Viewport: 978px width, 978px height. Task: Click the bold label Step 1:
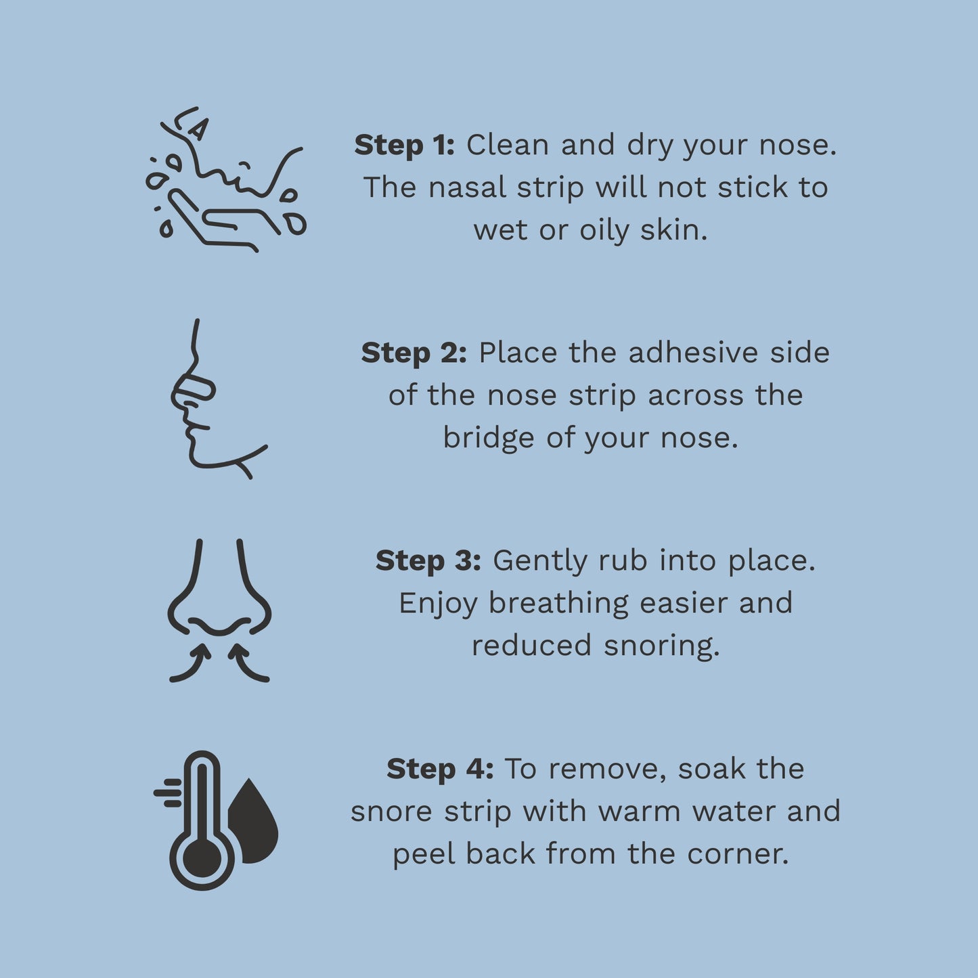(x=404, y=146)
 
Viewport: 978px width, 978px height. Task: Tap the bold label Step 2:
(x=414, y=353)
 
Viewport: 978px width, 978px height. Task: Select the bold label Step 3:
(x=428, y=561)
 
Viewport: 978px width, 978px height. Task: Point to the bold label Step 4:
(x=440, y=769)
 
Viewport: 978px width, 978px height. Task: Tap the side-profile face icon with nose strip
(x=210, y=399)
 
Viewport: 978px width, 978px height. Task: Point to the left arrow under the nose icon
(x=191, y=664)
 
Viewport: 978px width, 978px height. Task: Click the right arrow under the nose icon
(x=248, y=664)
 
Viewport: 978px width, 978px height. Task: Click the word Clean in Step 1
(x=507, y=146)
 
